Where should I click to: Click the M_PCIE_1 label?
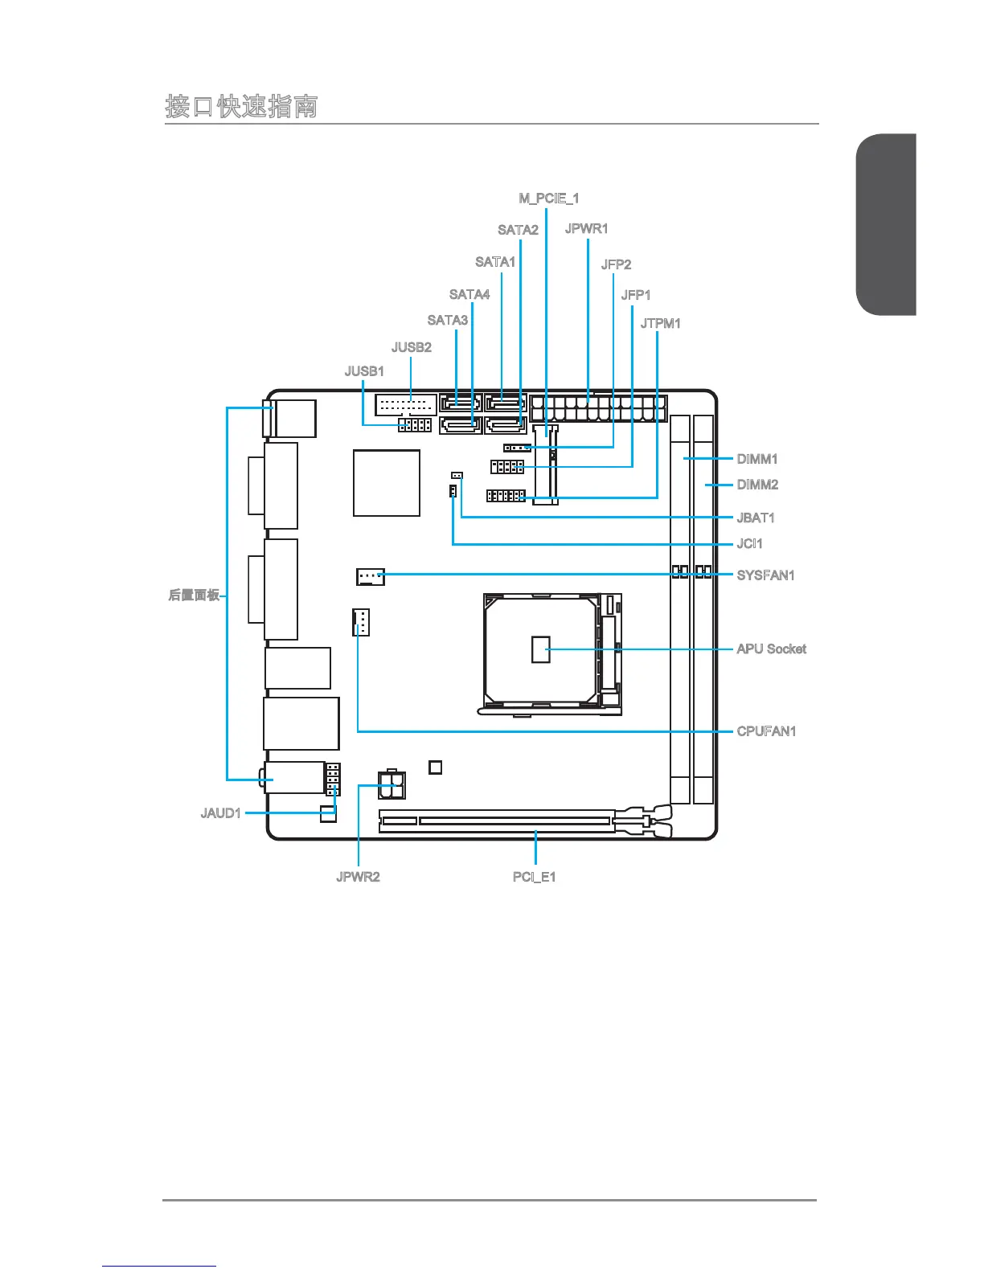click(548, 198)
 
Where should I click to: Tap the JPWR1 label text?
click(586, 228)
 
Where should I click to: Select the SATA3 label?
click(447, 320)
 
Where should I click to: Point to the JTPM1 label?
click(660, 323)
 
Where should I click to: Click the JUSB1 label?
click(364, 371)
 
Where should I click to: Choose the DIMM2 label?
click(757, 485)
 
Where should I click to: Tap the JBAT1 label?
click(756, 518)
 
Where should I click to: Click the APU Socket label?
click(771, 649)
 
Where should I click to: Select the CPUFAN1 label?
click(766, 731)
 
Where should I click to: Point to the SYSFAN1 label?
click(765, 575)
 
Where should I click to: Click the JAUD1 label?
click(220, 813)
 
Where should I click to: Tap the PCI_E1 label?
click(534, 877)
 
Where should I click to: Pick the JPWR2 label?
click(358, 877)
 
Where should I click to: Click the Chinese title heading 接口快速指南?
click(241, 106)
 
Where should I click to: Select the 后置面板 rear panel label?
click(194, 596)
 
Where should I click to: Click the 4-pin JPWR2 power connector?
click(392, 784)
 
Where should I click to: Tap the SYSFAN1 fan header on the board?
click(370, 576)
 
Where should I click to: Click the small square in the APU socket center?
click(541, 649)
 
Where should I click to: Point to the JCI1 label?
click(749, 544)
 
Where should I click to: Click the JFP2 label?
click(616, 264)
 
